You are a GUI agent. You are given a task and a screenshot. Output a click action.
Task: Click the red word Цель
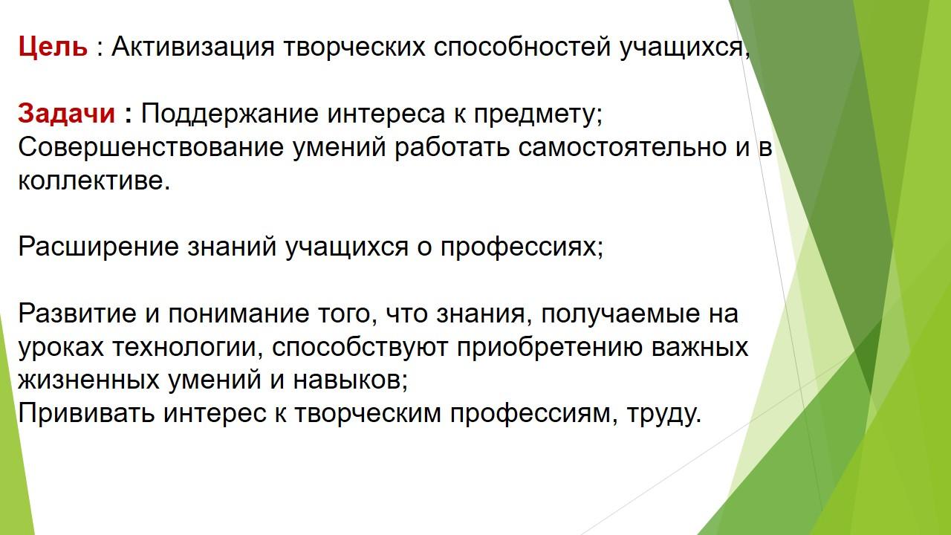pos(53,47)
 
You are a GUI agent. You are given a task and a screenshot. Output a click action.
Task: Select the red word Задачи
pos(66,114)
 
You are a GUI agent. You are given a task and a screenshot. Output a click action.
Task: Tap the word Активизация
pos(193,47)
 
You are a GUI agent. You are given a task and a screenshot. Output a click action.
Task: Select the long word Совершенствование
pos(151,147)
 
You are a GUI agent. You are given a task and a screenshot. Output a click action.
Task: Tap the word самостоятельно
pos(623,148)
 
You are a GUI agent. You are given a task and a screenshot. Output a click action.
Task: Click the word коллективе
pos(94,181)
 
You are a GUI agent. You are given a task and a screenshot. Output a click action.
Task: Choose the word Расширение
pos(99,247)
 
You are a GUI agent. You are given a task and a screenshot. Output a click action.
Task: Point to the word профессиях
pos(522,248)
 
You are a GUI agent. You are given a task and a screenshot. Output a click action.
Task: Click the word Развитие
pos(77,314)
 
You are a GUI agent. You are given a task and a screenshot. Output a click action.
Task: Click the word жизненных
pos(88,380)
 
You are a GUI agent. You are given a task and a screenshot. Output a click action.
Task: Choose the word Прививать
pos(86,414)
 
